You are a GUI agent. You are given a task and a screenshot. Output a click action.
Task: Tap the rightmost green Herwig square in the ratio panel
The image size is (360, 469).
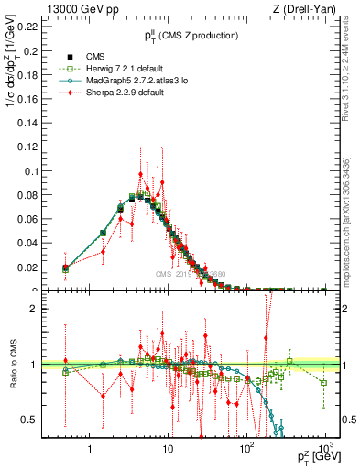pos(323,383)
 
